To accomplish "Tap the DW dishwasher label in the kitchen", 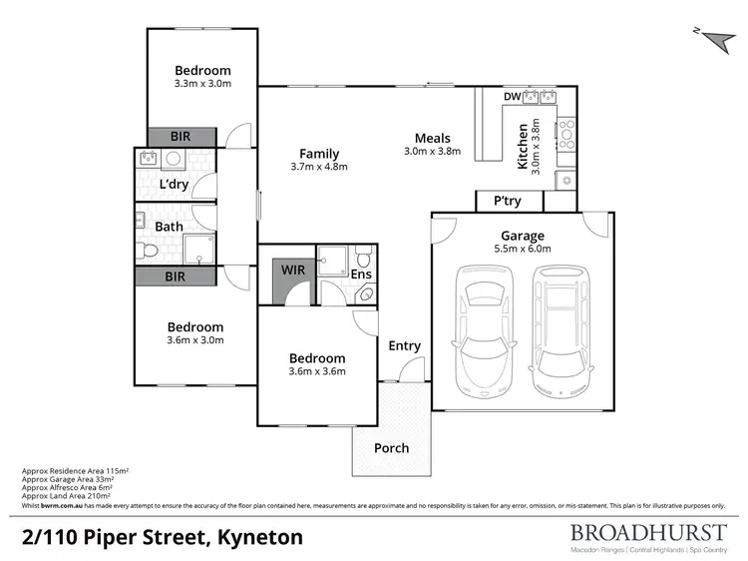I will tap(512, 97).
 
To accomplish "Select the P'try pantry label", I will tap(508, 201).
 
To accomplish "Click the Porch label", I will tap(391, 448).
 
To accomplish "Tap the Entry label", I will tap(404, 345).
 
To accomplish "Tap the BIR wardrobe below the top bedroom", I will tap(182, 137).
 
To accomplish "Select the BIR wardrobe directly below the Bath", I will tap(175, 276).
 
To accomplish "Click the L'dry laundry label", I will tap(175, 186).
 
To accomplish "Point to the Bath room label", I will tap(169, 227).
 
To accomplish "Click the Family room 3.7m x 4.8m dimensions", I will tap(319, 167).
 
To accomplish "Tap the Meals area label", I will tap(433, 139).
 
